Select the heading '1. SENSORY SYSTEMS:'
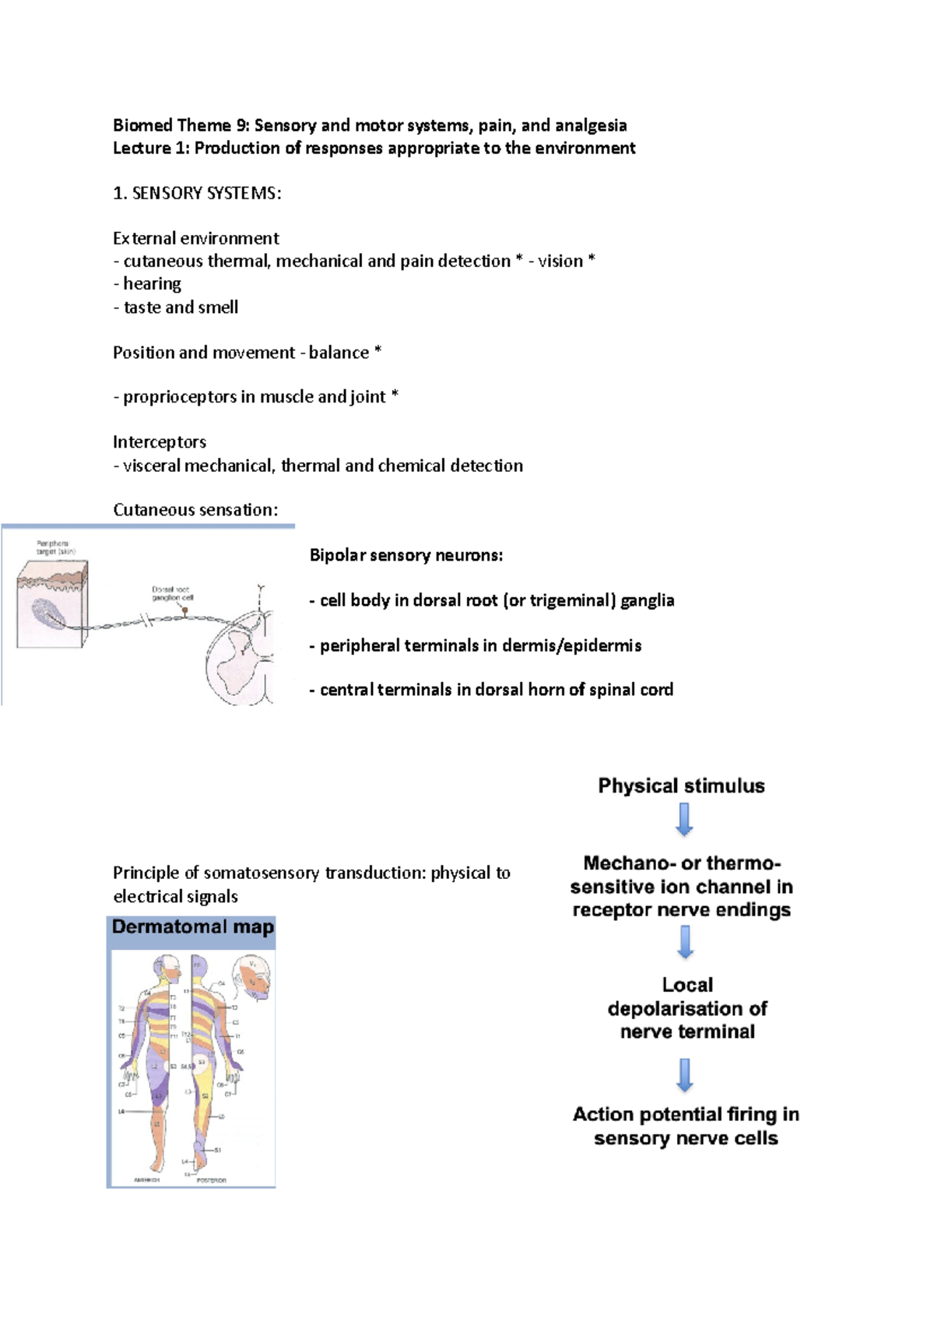(x=197, y=193)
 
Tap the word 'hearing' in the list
(x=153, y=283)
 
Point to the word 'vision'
(x=560, y=261)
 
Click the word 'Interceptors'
(x=160, y=442)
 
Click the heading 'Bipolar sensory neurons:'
(x=406, y=555)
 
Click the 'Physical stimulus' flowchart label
(x=681, y=786)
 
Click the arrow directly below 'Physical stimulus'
(x=684, y=820)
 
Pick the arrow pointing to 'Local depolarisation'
(x=685, y=942)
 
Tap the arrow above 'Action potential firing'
(x=685, y=1074)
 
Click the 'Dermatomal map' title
(x=192, y=926)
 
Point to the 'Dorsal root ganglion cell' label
(x=173, y=594)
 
